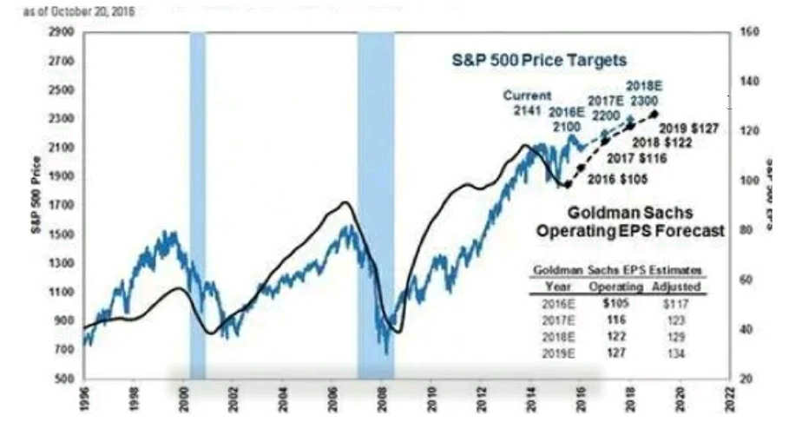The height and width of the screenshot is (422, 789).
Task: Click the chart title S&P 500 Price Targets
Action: [538, 62]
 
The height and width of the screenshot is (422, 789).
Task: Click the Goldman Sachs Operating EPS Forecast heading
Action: [630, 222]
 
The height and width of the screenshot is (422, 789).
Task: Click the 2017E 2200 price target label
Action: [606, 108]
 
